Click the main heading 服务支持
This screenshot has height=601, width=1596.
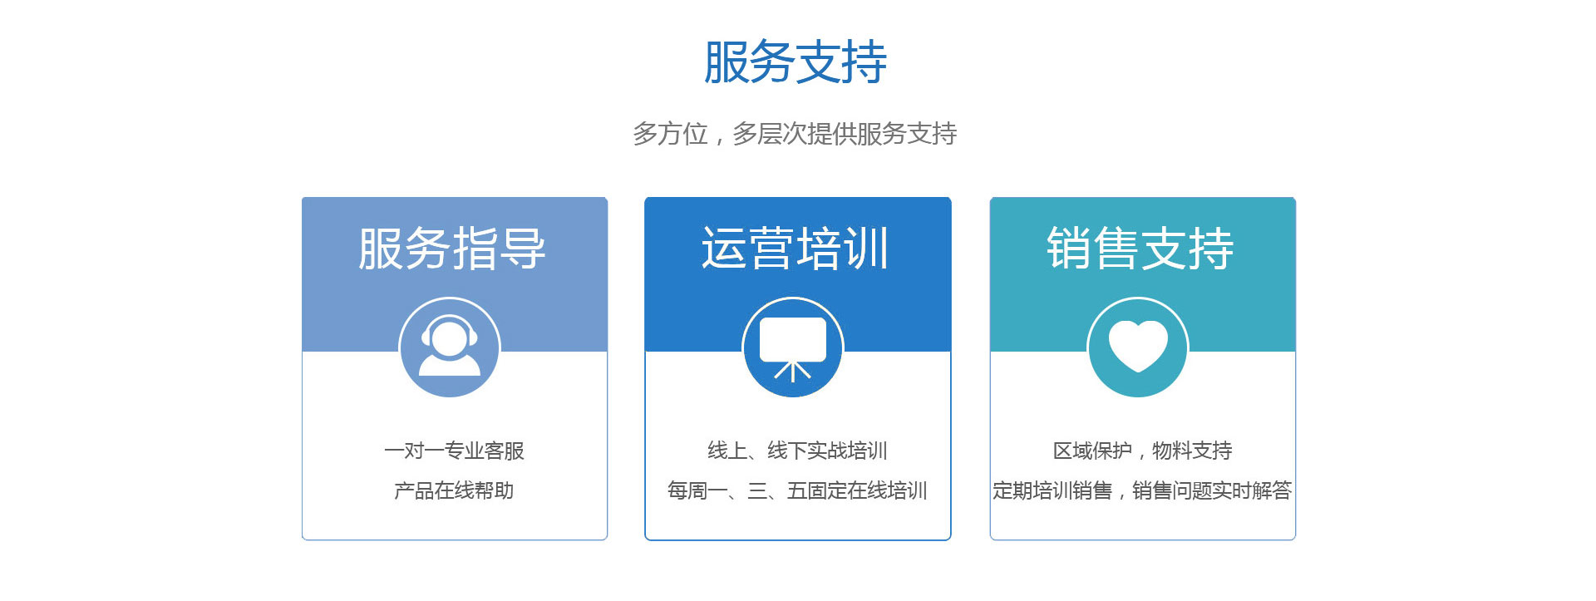[x=796, y=62]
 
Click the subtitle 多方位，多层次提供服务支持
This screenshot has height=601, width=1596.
[x=795, y=134]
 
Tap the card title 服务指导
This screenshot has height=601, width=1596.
[x=452, y=249]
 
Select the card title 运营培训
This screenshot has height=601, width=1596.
[x=796, y=249]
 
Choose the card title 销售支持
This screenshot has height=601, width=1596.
[x=1140, y=249]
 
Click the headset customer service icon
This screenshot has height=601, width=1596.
[x=450, y=347]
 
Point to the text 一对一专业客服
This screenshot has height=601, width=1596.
[x=454, y=451]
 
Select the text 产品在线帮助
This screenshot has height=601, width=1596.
[x=454, y=490]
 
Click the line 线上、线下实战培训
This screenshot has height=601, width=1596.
[x=797, y=451]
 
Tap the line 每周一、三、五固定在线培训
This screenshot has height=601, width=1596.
[x=797, y=490]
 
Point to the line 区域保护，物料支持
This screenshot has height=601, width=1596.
[x=1142, y=451]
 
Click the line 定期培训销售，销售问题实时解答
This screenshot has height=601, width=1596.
[x=1142, y=490]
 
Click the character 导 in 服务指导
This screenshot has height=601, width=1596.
[x=524, y=249]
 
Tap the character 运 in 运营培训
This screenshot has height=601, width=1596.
[x=724, y=249]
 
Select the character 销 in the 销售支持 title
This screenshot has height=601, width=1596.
[x=1069, y=249]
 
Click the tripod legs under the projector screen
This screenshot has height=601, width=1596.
[x=793, y=371]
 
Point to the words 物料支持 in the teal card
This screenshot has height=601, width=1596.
[x=1192, y=451]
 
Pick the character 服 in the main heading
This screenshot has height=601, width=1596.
[x=727, y=62]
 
